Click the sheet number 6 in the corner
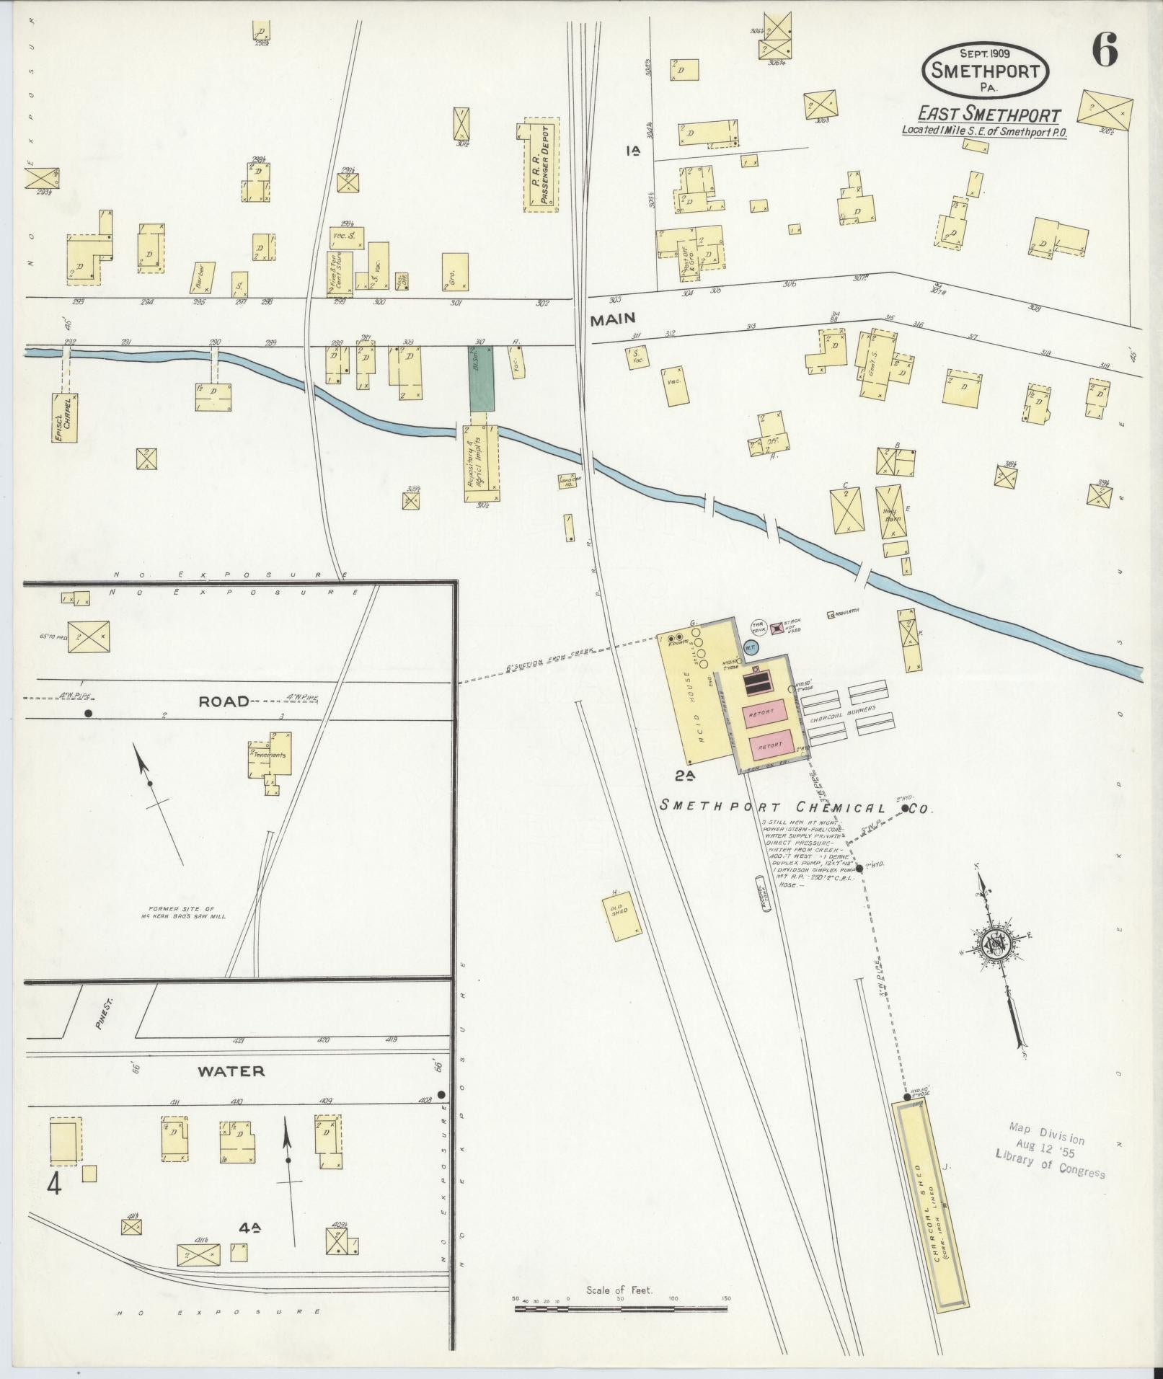click(1104, 50)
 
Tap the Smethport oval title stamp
click(984, 70)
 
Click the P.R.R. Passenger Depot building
click(541, 164)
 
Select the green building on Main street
click(482, 378)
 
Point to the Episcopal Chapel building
click(65, 417)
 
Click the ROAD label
click(224, 701)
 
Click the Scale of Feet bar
click(622, 1307)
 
